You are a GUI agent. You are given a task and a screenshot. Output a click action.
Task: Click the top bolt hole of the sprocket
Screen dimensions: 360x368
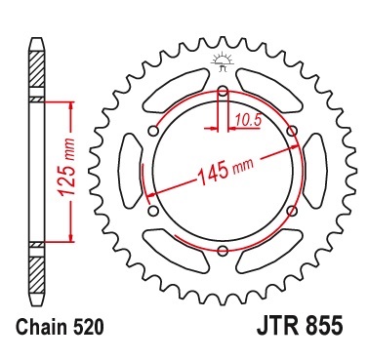point(223,93)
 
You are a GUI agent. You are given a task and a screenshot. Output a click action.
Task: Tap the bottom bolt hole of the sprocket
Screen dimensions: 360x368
point(223,252)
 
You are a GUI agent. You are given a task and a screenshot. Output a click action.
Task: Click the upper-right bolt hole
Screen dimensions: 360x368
point(292,133)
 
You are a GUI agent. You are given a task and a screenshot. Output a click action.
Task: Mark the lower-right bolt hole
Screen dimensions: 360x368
point(292,212)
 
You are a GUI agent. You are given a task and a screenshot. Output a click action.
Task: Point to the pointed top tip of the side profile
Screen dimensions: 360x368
point(35,43)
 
